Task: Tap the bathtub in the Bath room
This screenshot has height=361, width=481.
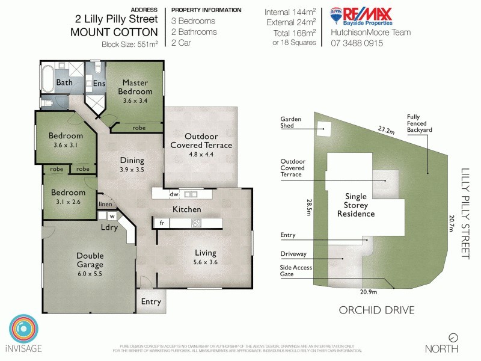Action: tap(47, 81)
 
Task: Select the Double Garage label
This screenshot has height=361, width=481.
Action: tap(90, 260)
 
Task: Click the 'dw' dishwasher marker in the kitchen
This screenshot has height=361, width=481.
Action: tap(174, 194)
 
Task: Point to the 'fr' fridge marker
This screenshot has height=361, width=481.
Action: tap(161, 223)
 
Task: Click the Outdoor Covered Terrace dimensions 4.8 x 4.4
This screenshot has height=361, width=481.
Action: tap(201, 154)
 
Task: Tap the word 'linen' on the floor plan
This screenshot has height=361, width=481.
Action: tap(106, 205)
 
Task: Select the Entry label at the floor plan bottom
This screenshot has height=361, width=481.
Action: tap(151, 301)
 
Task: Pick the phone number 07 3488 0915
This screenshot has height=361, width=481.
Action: tap(357, 43)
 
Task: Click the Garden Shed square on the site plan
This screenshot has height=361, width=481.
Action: tap(324, 128)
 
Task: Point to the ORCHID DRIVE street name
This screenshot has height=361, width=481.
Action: tap(376, 310)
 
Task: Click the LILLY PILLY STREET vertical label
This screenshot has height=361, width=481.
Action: tap(464, 214)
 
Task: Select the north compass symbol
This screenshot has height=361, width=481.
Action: tap(453, 337)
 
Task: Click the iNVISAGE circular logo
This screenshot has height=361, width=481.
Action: tap(24, 330)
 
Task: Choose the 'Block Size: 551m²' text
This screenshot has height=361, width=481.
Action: tap(130, 44)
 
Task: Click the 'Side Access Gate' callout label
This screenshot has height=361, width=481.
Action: tap(295, 271)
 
